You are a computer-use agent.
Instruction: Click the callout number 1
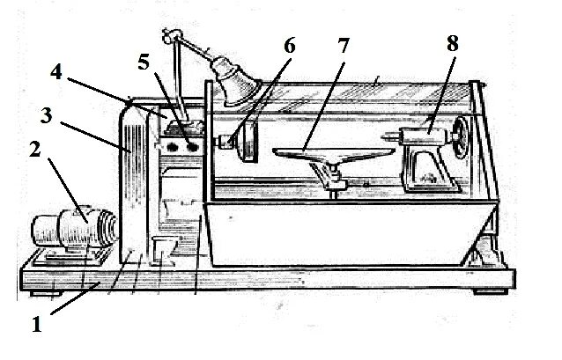click(x=37, y=323)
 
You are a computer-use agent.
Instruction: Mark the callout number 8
click(x=453, y=44)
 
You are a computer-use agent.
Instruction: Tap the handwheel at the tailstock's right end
click(x=457, y=135)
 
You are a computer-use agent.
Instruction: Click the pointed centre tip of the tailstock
click(x=386, y=136)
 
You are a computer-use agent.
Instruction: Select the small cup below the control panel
click(x=161, y=249)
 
